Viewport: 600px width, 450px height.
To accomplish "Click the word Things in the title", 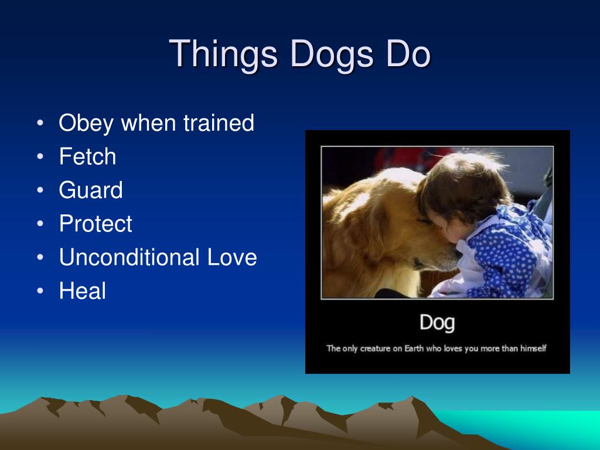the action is [x=223, y=54].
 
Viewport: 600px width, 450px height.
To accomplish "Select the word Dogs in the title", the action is [x=332, y=54].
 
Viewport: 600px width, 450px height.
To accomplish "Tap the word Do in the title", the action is [x=408, y=53].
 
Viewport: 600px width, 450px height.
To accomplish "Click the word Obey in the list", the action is [x=86, y=124].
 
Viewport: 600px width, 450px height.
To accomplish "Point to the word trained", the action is [x=219, y=122].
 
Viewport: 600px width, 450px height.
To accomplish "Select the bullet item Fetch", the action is [x=88, y=156].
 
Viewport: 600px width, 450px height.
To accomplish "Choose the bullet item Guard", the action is [x=91, y=190].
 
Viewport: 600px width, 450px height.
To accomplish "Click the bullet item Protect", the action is [x=96, y=223].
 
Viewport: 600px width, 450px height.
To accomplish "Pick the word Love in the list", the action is [x=232, y=257].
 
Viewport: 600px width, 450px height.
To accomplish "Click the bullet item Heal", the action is [x=82, y=291].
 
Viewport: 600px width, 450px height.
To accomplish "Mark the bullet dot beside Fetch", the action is [x=40, y=156].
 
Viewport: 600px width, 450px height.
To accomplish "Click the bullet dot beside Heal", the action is [x=40, y=291].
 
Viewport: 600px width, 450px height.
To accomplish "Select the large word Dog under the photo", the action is [x=437, y=323].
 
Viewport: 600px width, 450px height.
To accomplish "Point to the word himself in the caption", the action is [x=533, y=348].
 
